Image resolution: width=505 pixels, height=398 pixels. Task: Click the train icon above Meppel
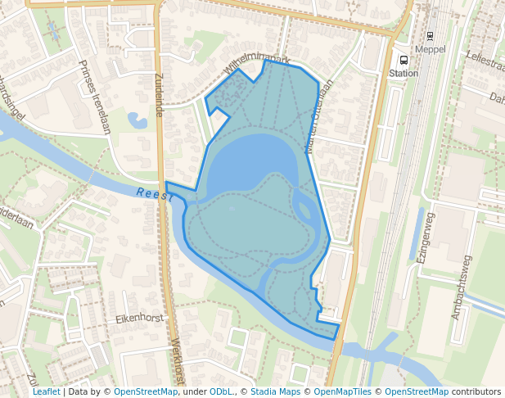(430, 36)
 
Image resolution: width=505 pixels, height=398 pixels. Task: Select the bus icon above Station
(402, 61)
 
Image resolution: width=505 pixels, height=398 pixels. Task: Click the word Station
(403, 73)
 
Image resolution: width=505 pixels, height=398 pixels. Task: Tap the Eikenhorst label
(140, 318)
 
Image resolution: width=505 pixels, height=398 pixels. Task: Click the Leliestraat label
(485, 61)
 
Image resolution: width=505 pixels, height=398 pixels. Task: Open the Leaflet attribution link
(46, 392)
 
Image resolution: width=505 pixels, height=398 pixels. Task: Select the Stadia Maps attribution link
(275, 392)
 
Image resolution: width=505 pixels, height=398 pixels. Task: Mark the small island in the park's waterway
(303, 208)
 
